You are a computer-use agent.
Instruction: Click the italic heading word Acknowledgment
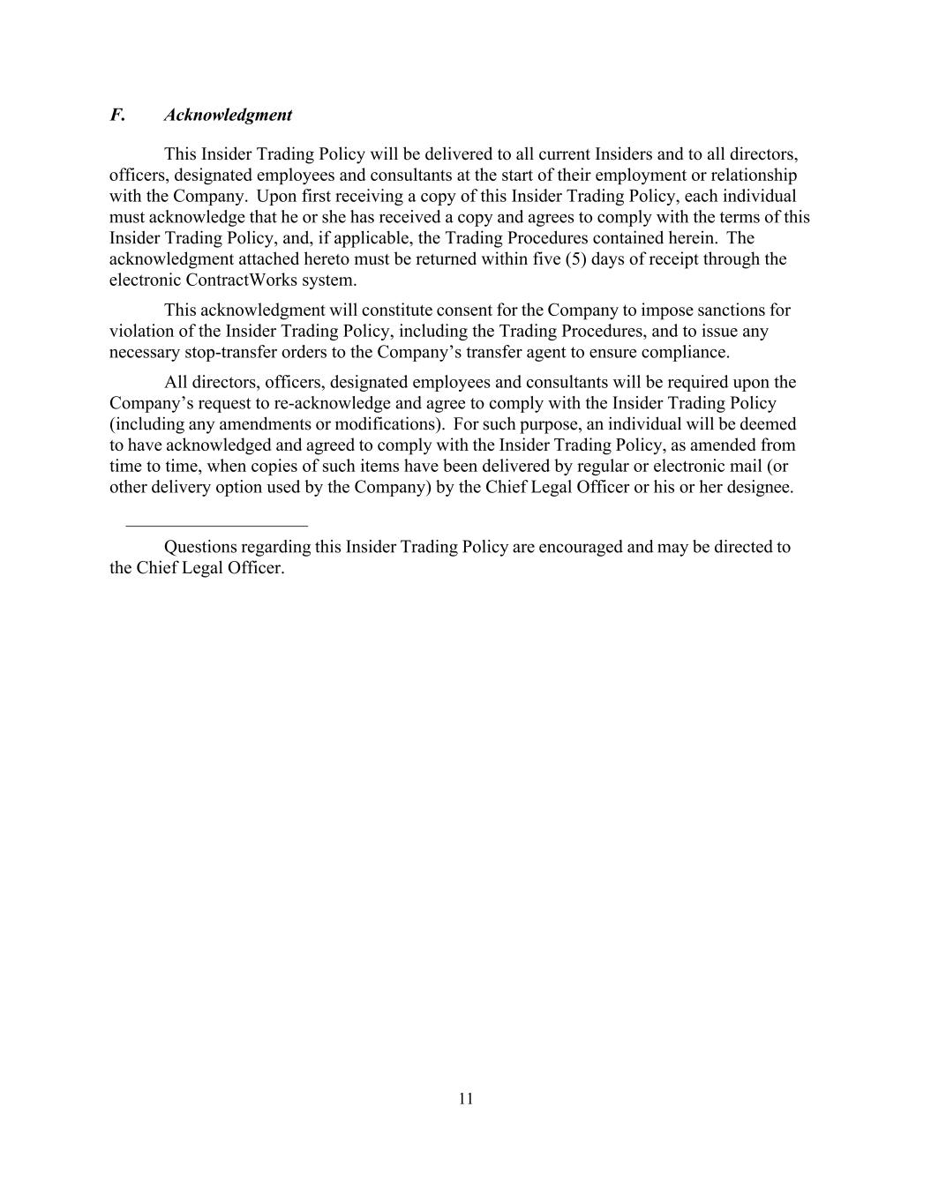228,116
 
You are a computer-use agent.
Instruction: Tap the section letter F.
116,116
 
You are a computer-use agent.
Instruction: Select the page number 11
466,1098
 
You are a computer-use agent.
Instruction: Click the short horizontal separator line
216,526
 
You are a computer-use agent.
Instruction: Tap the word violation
140,332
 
